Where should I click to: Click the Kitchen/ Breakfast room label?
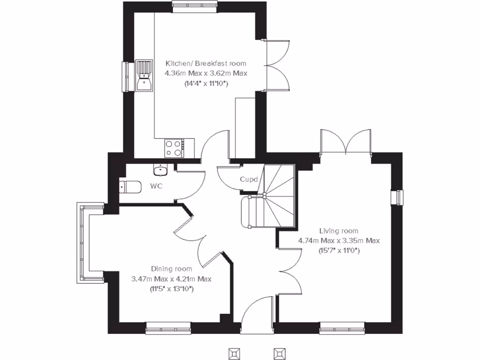click(x=205, y=63)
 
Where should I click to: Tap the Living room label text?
click(x=339, y=231)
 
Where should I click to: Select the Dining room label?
click(x=172, y=269)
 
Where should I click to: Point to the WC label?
click(x=156, y=186)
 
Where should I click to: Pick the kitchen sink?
click(x=144, y=75)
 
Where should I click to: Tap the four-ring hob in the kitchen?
click(x=173, y=148)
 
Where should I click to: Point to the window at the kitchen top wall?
click(x=195, y=6)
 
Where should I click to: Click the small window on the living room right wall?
click(x=397, y=197)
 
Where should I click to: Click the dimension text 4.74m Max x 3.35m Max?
click(x=339, y=241)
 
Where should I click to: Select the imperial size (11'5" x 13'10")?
click(x=172, y=289)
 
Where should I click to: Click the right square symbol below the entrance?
click(x=280, y=352)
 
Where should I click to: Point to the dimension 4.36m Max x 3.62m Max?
click(x=205, y=74)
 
